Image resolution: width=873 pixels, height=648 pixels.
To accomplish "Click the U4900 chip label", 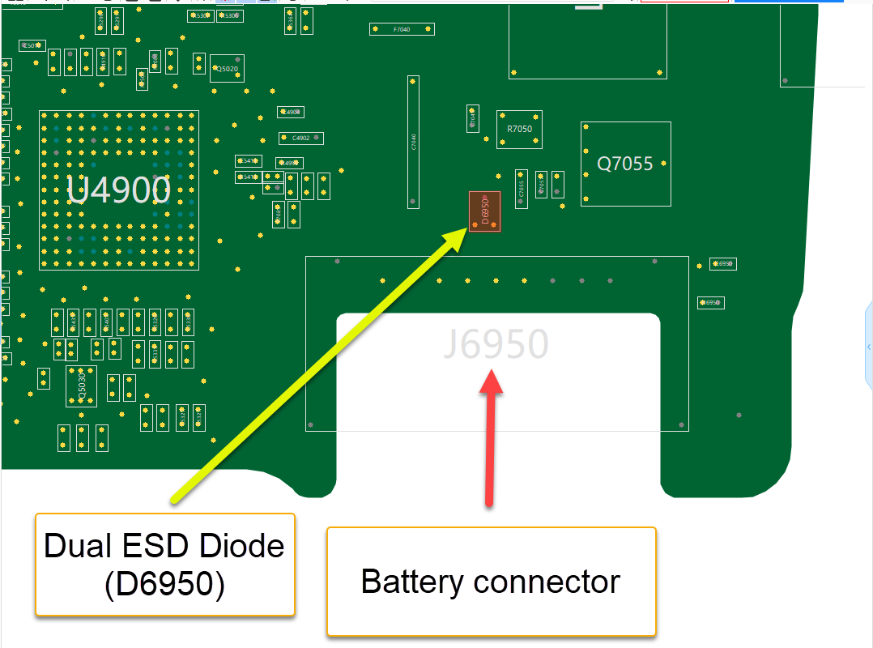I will tap(118, 190).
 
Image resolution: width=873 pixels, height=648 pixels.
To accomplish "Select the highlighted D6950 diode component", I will tap(484, 211).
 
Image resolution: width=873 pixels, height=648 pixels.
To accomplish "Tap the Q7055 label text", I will tap(624, 164).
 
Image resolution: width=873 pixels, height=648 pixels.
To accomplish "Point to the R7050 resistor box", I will tap(519, 130).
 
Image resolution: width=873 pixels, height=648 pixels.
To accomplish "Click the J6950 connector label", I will tap(496, 344).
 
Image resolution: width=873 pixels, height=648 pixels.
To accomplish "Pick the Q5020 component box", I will tap(227, 69).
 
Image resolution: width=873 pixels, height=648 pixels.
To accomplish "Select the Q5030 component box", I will tap(81, 386).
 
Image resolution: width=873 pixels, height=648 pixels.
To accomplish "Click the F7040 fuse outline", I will tap(402, 29).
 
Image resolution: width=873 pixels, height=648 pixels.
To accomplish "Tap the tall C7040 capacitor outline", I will tap(414, 142).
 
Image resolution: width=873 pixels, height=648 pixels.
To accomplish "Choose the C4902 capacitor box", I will tap(301, 138).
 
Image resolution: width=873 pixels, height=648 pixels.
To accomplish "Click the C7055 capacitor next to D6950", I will tap(522, 189).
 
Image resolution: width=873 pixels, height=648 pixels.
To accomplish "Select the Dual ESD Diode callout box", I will tap(164, 565).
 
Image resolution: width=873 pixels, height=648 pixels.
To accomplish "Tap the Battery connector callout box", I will tap(491, 582).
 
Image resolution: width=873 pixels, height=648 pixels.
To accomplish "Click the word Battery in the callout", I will tap(412, 582).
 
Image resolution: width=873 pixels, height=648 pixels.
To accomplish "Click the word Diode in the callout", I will tap(240, 546).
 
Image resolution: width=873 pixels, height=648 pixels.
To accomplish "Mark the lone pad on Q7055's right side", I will tap(664, 164).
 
